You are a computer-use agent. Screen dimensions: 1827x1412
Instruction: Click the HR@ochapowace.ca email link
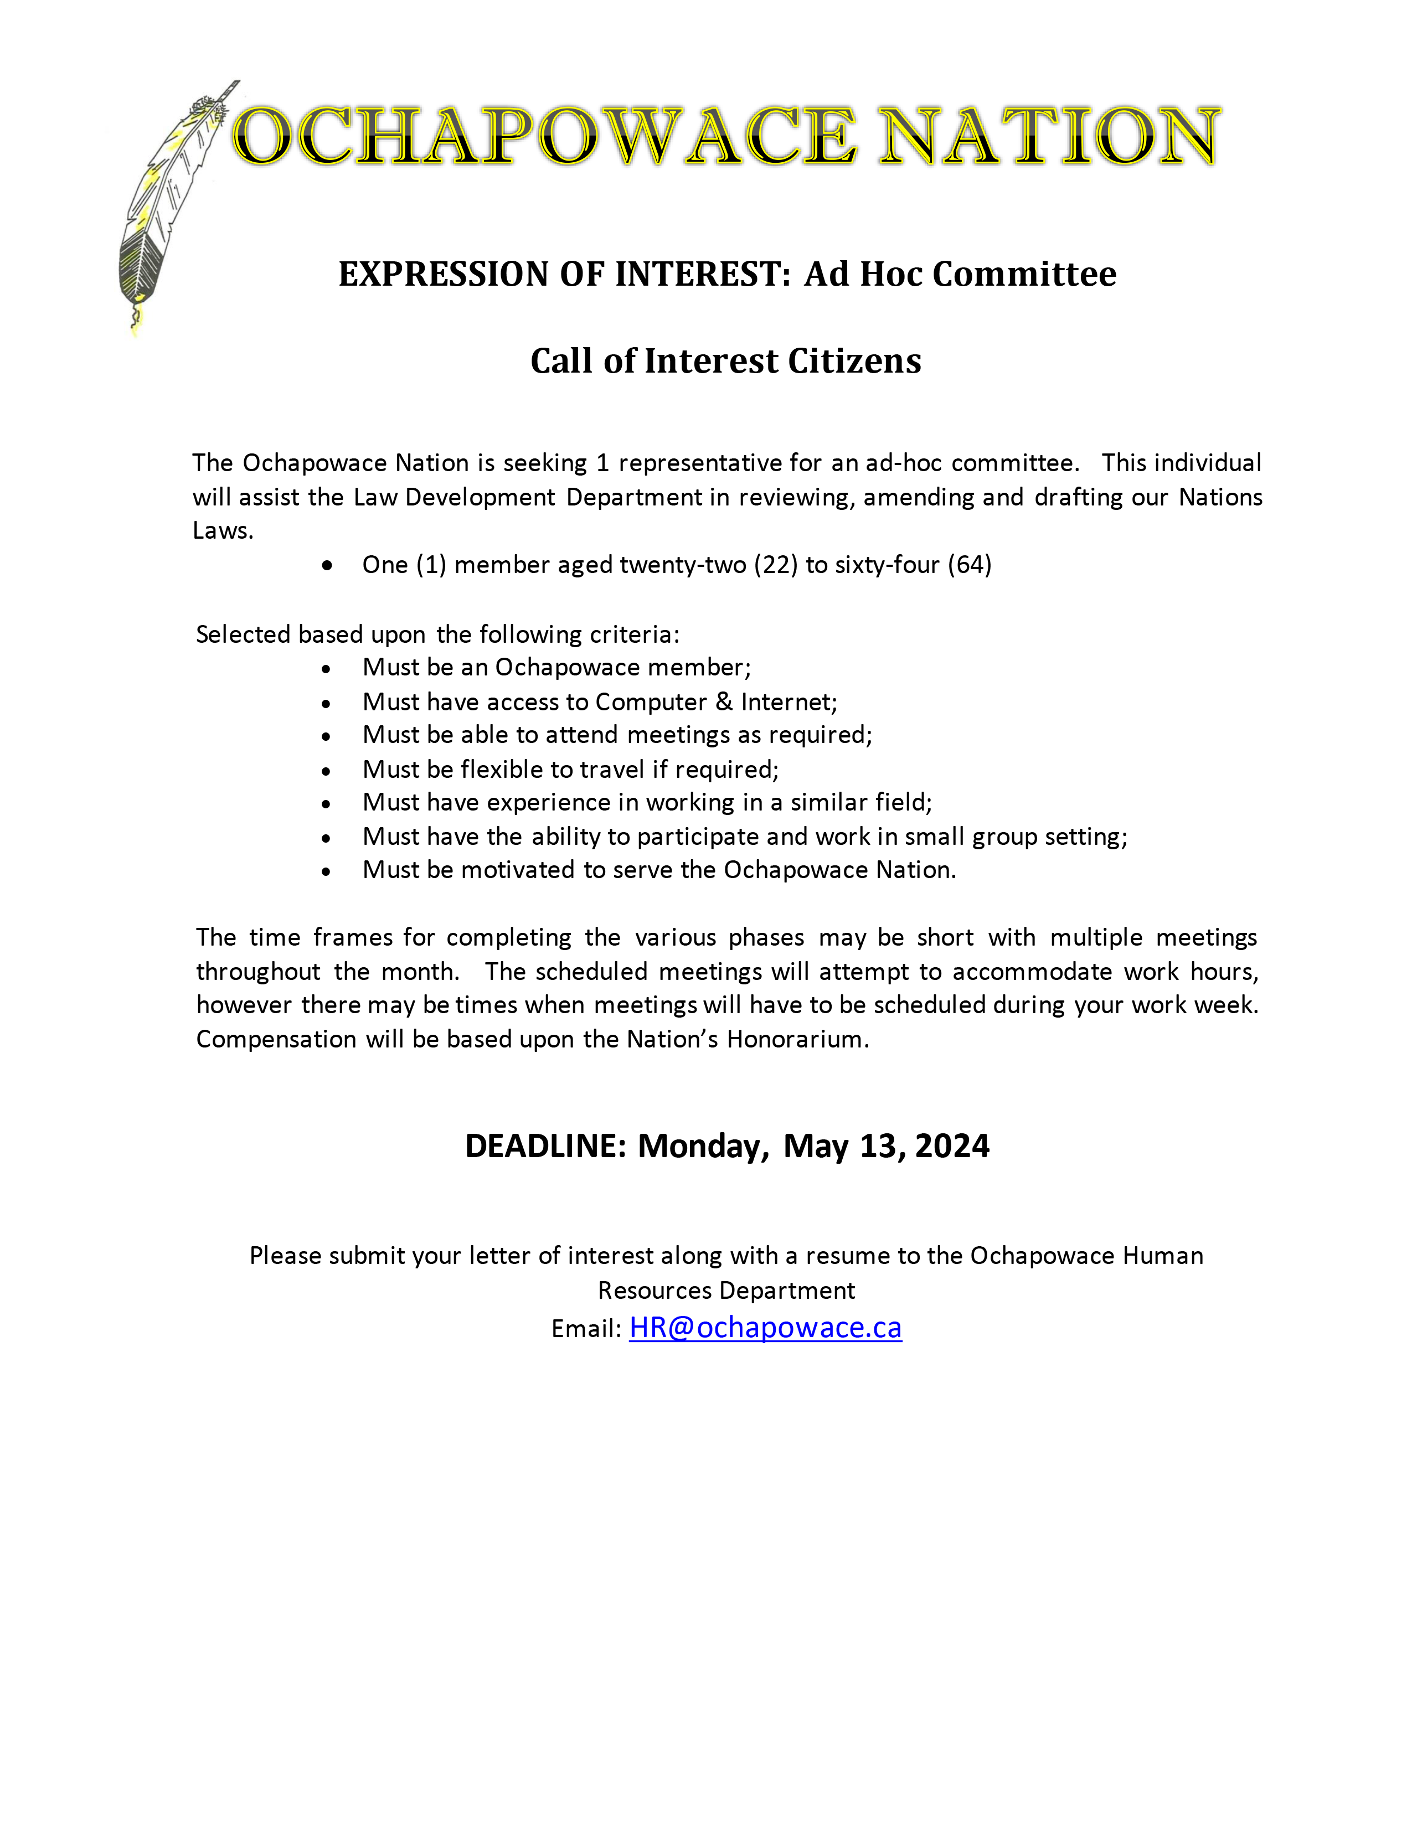(x=765, y=1328)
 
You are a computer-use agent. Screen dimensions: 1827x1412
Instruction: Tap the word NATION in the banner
(x=1049, y=136)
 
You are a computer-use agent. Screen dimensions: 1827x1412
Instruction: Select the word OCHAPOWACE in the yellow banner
(x=544, y=136)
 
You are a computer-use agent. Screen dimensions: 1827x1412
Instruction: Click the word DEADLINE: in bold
(x=545, y=1145)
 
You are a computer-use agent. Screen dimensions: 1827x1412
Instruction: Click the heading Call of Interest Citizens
(x=725, y=360)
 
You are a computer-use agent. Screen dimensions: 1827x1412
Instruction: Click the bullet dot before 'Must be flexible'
(x=326, y=771)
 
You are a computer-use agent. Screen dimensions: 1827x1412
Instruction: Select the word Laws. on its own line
(x=223, y=530)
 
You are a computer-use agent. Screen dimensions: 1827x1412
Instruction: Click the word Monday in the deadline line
(x=703, y=1145)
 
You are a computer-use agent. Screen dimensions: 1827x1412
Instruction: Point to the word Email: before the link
(x=585, y=1329)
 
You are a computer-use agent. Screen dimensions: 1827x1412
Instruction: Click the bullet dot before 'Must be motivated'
(x=326, y=871)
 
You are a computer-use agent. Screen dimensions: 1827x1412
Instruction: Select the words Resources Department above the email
(x=725, y=1291)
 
